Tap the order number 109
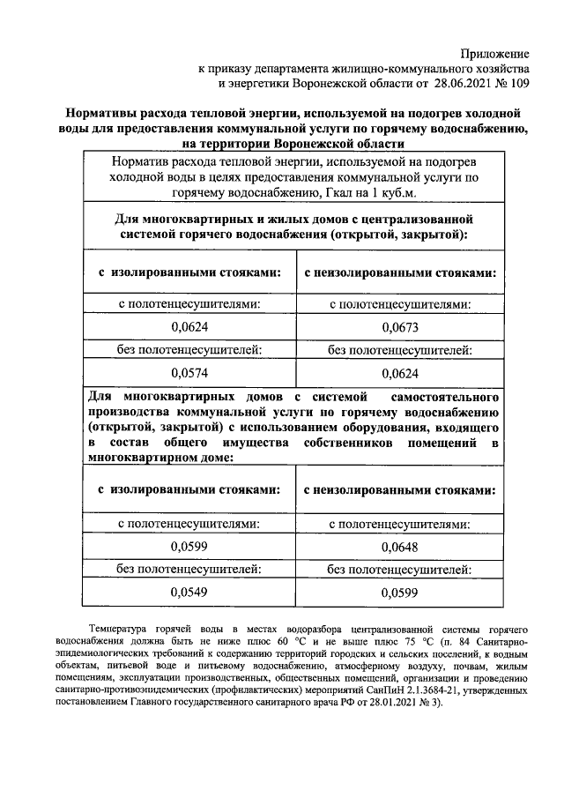pyautogui.click(x=518, y=85)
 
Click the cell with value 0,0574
pyautogui.click(x=189, y=372)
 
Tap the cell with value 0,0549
pyautogui.click(x=189, y=591)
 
